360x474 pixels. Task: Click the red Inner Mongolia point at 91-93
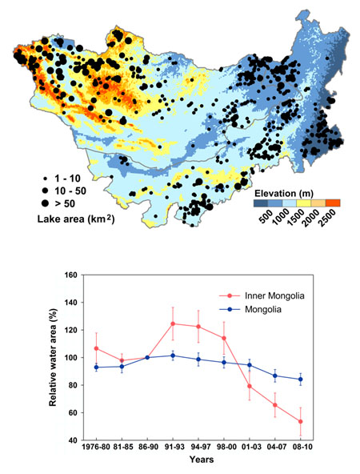click(173, 323)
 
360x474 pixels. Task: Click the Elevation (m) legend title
click(283, 193)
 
